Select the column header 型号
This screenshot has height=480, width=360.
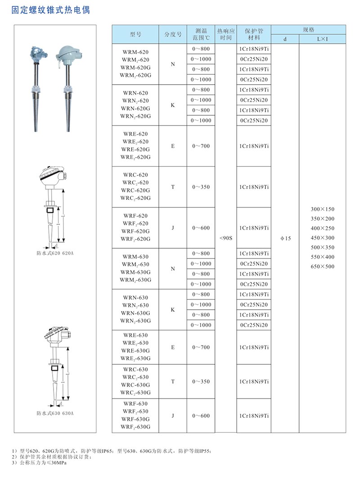point(135,34)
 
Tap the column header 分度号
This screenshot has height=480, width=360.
point(173,34)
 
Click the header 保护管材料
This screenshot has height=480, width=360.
point(254,34)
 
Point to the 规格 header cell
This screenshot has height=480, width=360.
point(309,30)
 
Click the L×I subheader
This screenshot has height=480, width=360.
point(323,39)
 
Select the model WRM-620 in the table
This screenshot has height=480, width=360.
point(135,52)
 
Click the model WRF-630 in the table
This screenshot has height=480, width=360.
point(135,404)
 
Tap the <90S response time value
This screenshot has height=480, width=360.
point(226,237)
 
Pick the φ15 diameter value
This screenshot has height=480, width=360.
point(285,238)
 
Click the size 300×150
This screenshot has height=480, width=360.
point(323,209)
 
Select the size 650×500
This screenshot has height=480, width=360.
point(323,267)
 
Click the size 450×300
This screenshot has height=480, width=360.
point(323,238)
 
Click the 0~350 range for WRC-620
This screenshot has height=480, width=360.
point(201,187)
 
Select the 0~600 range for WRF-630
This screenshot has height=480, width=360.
point(201,416)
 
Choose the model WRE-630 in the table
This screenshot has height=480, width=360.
point(135,335)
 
